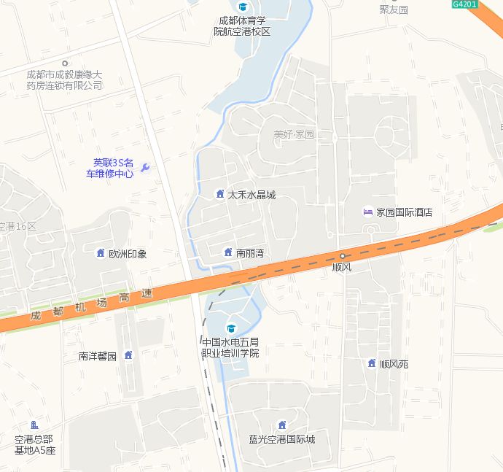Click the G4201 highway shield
[x=464, y=4]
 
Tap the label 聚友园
[x=394, y=9]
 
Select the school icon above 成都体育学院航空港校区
[x=242, y=7]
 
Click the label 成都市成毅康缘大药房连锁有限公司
[x=64, y=80]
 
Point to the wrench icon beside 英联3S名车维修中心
[x=144, y=168]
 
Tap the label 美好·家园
[x=293, y=135]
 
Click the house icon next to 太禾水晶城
[x=219, y=194]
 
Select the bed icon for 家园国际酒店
[x=367, y=212]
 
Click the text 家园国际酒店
[x=405, y=212]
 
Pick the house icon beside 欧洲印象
[x=100, y=253]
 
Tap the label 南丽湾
[x=249, y=253]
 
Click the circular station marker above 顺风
[x=342, y=255]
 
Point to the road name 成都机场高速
[x=91, y=306]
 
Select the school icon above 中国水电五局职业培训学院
[x=232, y=328]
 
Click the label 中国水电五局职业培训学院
[x=230, y=347]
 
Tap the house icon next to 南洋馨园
[x=128, y=355]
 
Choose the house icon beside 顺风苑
[x=371, y=363]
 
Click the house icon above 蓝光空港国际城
[x=281, y=425]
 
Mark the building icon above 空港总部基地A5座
[x=34, y=425]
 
